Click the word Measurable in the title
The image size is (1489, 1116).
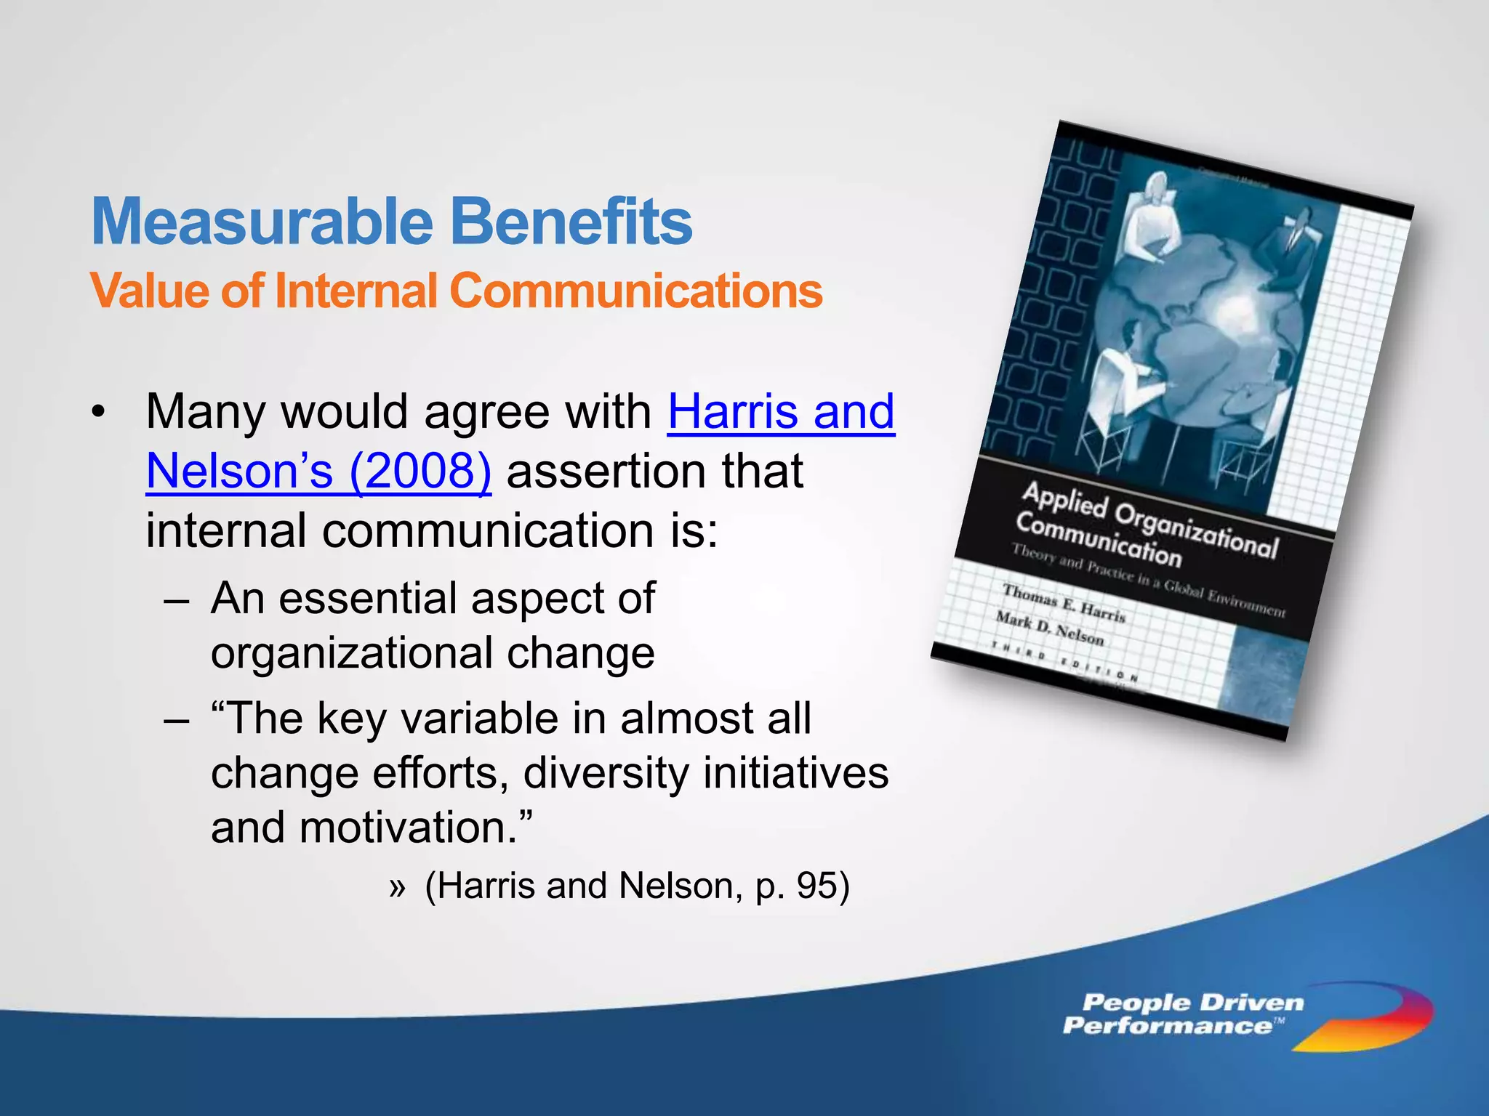262,222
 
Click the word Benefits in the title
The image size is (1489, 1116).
571,222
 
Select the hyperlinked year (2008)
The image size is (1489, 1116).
420,472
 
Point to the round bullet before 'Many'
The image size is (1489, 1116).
99,413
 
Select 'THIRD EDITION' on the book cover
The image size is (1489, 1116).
1065,661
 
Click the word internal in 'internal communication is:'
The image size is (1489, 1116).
226,530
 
